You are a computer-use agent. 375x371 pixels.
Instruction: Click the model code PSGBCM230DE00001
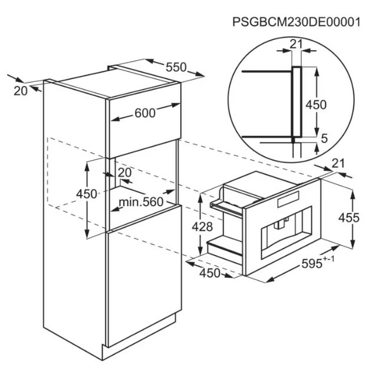pos(297,22)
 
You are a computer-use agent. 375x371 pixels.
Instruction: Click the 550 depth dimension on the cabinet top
pos(176,67)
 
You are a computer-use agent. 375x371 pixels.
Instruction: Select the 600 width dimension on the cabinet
pos(145,112)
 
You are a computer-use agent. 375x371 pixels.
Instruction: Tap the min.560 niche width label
pos(141,202)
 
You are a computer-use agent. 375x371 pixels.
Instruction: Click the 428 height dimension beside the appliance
pos(202,227)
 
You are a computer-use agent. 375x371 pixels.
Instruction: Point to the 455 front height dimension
pos(349,218)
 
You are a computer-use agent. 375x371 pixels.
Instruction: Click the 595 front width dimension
pos(312,264)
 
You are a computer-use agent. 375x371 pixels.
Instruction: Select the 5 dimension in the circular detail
pos(324,138)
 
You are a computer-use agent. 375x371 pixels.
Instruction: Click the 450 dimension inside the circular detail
pos(316,105)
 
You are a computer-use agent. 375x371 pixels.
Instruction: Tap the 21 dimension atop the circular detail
pos(297,44)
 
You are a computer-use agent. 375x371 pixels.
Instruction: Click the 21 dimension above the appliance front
pos(338,163)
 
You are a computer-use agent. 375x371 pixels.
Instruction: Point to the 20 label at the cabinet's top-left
pos(21,91)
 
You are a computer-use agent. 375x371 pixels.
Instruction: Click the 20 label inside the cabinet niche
pos(125,173)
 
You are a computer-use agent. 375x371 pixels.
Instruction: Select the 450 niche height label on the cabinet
pos(87,194)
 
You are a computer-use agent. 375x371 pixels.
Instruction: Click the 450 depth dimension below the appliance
pos(210,273)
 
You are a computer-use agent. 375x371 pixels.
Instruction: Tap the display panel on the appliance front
pos(288,199)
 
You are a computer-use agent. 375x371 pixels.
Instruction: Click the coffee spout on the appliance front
pos(279,223)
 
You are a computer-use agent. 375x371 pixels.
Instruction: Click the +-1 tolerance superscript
pos(328,259)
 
